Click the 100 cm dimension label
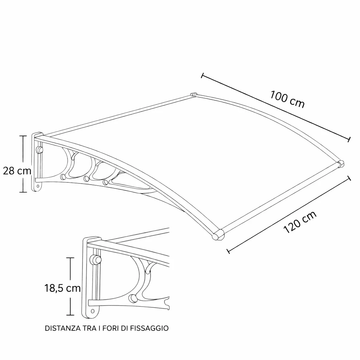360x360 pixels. click(x=287, y=99)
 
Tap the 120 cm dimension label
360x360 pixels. click(x=300, y=222)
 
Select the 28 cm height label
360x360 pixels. click(x=17, y=171)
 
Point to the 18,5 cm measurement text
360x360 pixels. click(x=63, y=288)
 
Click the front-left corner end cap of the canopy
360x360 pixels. click(x=218, y=234)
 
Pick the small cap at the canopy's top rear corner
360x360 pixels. click(x=194, y=94)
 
